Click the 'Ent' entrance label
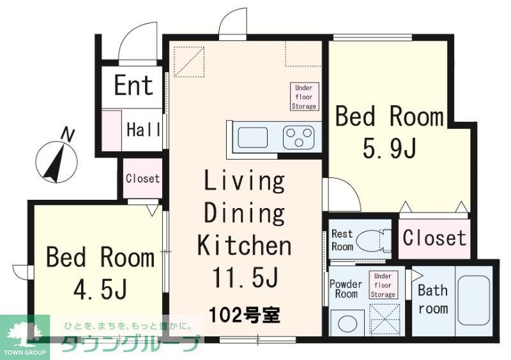[133, 86]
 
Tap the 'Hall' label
[143, 130]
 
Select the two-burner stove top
[298, 137]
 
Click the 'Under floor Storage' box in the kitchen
[304, 96]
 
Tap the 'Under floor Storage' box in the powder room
[383, 285]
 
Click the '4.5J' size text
[100, 289]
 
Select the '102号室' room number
[245, 315]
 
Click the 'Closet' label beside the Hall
[142, 179]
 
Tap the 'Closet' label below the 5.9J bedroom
[434, 238]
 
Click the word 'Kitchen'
[245, 245]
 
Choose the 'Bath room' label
[433, 299]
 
